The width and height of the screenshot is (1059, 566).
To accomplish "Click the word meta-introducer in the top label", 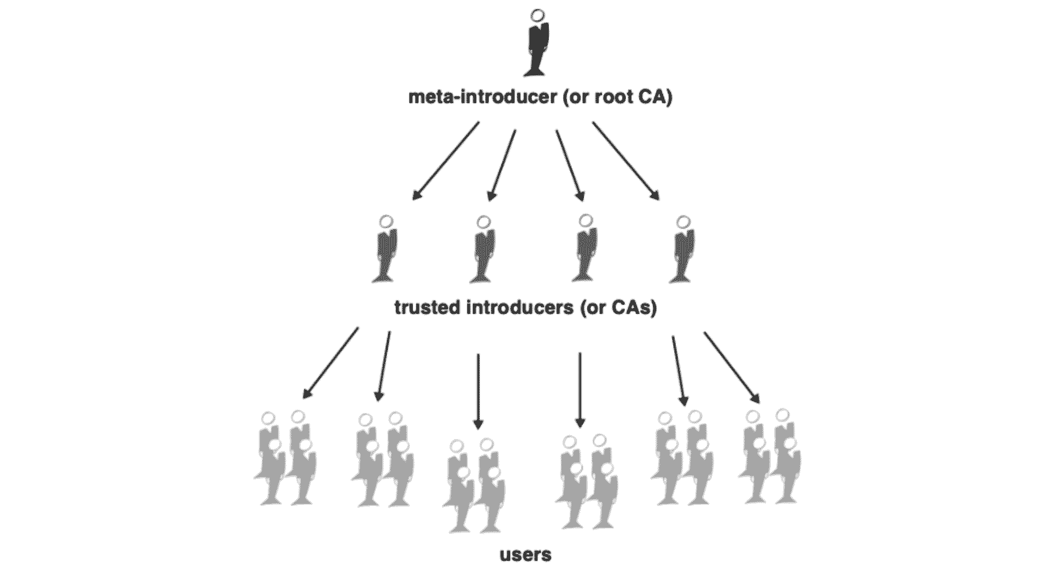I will pos(482,97).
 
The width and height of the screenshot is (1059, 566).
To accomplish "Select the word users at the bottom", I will pos(526,554).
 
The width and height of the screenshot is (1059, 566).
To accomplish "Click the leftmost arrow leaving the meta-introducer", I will pos(446,161).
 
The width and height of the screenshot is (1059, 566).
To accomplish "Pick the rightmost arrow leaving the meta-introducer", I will pos(626,161).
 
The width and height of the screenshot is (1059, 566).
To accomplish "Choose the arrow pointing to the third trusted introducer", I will pos(570,165).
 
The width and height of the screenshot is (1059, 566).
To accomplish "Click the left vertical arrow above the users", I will pos(479,391).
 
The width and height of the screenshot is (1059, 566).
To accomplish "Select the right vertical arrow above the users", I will pos(579,391).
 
